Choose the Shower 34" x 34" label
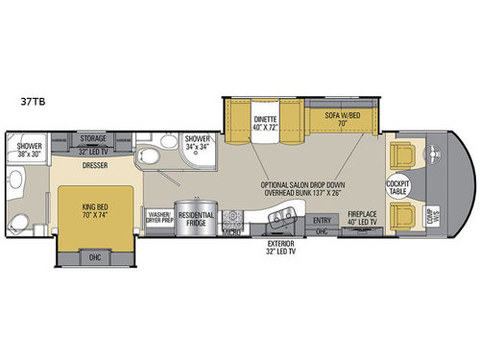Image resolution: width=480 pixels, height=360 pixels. click(198, 144)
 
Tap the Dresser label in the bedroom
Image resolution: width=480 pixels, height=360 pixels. click(94, 163)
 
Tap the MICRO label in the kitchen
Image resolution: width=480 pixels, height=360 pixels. click(230, 231)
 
